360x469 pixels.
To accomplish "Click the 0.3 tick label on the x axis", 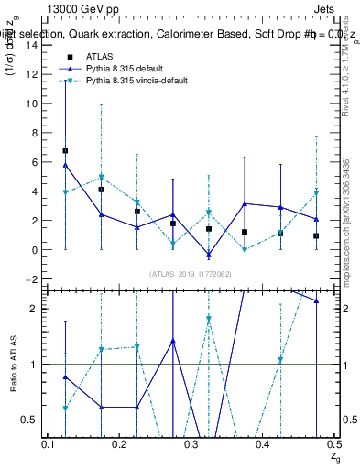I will [x=191, y=444].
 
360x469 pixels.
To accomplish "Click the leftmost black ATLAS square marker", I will [x=65, y=150].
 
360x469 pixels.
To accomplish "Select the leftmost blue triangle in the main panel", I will [x=65, y=165].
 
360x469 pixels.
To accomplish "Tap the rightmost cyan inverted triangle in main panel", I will [x=316, y=193].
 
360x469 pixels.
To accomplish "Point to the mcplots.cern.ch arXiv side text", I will [x=345, y=220].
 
